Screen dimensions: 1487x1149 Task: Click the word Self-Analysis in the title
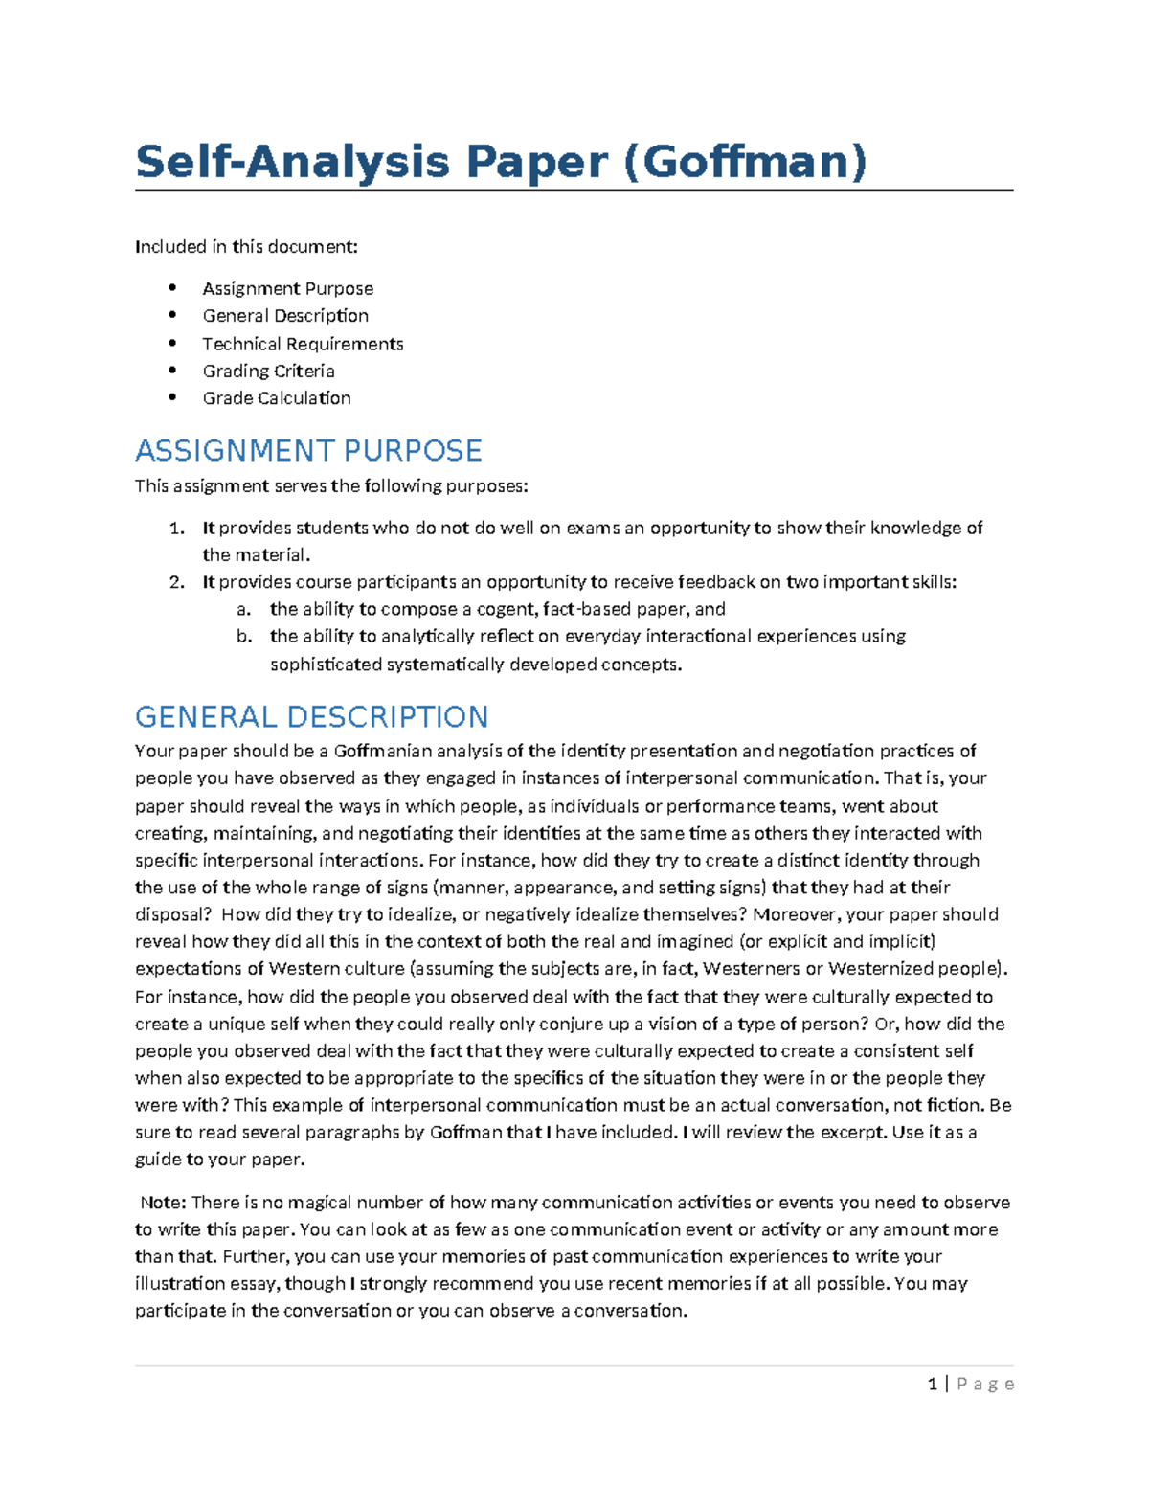[292, 161]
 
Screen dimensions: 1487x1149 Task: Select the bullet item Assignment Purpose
[287, 288]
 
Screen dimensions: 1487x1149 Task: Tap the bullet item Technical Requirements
[303, 344]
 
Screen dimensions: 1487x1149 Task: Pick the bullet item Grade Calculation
[277, 397]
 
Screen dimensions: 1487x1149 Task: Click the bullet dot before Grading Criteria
[172, 370]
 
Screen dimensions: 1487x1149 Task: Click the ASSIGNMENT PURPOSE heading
[308, 450]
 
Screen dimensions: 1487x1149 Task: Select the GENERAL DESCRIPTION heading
[311, 716]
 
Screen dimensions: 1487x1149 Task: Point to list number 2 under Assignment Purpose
[176, 581]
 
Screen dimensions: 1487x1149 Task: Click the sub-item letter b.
[244, 636]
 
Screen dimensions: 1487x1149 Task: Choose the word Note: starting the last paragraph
[163, 1202]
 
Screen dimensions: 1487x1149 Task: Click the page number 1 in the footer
[933, 1384]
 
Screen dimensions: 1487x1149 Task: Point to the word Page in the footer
[985, 1384]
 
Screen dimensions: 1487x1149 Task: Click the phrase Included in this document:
[246, 247]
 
